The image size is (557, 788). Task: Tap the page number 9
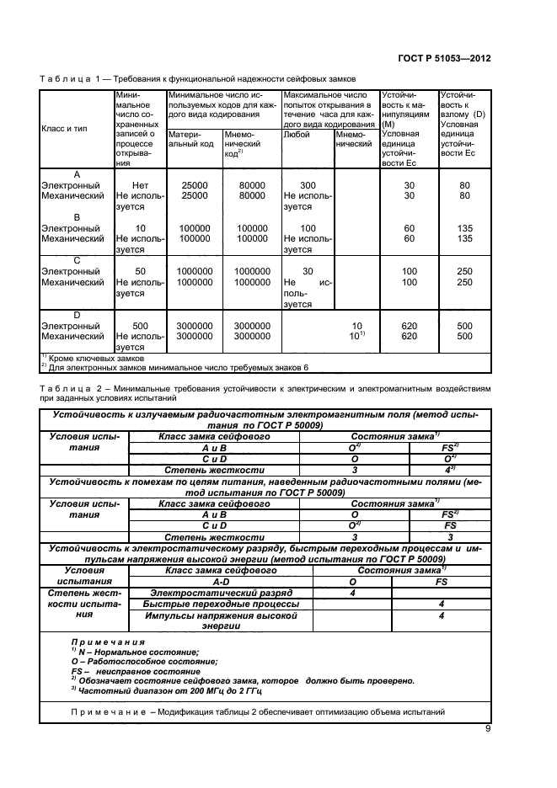[488, 729]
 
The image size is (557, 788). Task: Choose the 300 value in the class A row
[307, 184]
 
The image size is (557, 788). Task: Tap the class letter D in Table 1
[77, 315]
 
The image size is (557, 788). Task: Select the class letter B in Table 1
[77, 217]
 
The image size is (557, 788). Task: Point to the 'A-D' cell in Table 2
[221, 581]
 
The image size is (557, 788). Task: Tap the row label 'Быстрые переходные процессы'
[221, 604]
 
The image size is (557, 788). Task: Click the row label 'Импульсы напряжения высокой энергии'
[221, 621]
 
